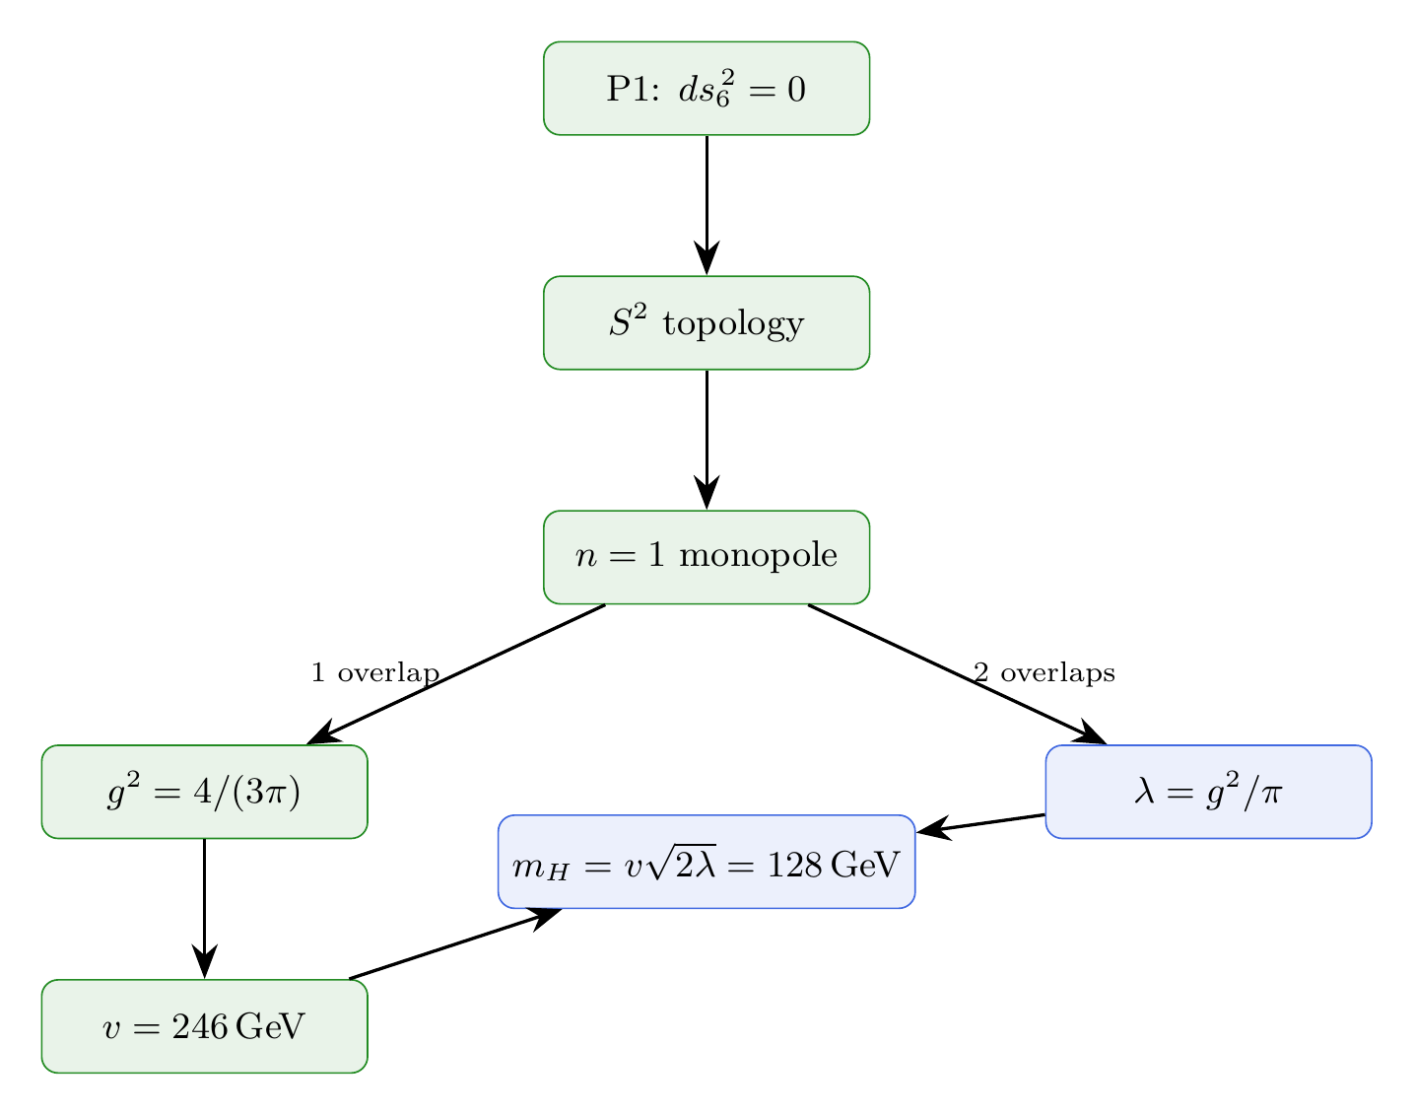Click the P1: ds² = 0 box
tap(707, 89)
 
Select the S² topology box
tap(707, 323)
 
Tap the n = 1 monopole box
tap(707, 557)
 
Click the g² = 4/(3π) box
tap(204, 792)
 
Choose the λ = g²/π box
tap(1208, 792)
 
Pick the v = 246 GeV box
tap(204, 1026)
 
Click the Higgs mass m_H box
tap(707, 863)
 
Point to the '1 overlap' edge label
tap(374, 673)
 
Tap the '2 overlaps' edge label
tap(1044, 673)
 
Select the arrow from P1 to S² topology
tap(707, 202)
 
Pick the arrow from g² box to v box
tap(204, 907)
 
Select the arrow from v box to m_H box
tap(453, 944)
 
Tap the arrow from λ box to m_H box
tap(980, 824)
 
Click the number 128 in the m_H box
tap(795, 865)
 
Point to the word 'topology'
tap(733, 324)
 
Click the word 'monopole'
tap(758, 557)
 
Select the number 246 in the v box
tap(198, 1027)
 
